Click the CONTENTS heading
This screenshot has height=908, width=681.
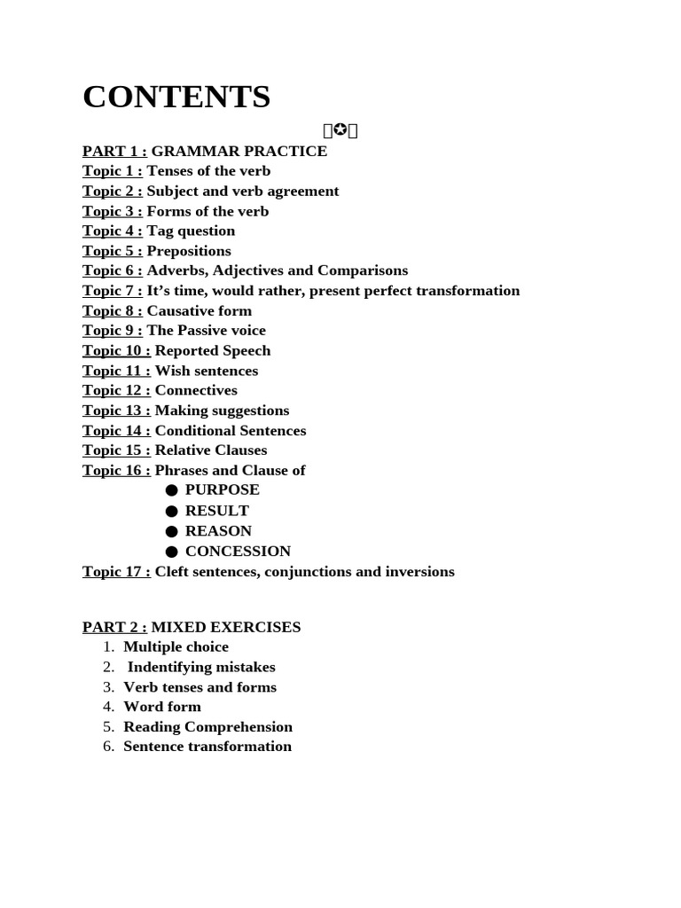(176, 97)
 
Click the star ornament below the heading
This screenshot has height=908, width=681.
(340, 131)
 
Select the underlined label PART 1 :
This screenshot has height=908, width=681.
(114, 151)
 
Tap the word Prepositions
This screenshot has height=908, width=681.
(189, 251)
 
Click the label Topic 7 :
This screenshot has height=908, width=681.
(113, 291)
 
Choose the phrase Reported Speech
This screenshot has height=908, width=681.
(213, 350)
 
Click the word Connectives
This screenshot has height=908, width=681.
(196, 390)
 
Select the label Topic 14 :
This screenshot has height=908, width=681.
(116, 431)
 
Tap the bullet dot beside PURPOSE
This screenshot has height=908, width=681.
(171, 490)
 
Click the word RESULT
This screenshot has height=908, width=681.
(217, 511)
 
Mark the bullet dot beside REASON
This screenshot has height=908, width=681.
(171, 531)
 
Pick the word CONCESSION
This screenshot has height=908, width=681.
(238, 551)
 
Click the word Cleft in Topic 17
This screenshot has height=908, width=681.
(172, 572)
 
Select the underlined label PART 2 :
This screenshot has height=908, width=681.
(114, 627)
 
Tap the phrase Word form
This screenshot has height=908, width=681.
(162, 707)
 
